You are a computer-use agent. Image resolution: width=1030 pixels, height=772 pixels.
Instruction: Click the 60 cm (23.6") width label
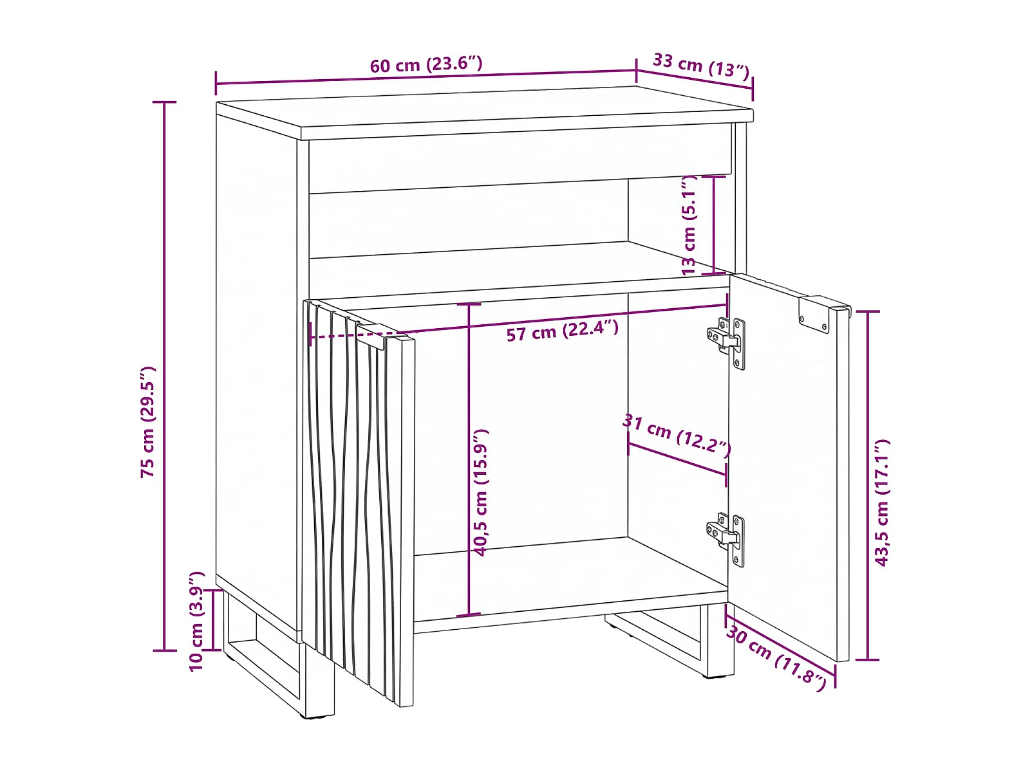pyautogui.click(x=426, y=64)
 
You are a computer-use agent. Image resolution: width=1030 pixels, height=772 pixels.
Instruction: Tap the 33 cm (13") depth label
pyautogui.click(x=701, y=65)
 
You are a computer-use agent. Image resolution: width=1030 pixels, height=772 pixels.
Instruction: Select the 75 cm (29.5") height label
pyautogui.click(x=148, y=421)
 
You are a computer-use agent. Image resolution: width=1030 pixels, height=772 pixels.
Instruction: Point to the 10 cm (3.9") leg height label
pyautogui.click(x=196, y=621)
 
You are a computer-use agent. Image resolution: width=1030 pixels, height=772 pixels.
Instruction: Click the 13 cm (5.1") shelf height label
pyautogui.click(x=689, y=226)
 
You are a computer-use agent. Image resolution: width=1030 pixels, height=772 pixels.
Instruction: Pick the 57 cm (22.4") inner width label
pyautogui.click(x=562, y=331)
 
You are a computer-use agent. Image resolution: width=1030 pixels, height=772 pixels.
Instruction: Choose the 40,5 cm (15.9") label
pyautogui.click(x=480, y=492)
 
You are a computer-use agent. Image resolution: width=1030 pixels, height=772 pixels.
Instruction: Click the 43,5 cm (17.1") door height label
pyautogui.click(x=882, y=503)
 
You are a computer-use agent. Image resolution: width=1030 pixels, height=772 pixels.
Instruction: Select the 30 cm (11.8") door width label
pyautogui.click(x=776, y=658)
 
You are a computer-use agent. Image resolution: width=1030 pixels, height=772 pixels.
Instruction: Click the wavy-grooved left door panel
pyautogui.click(x=359, y=502)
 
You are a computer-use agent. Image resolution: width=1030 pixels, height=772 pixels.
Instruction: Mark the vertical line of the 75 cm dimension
pyautogui.click(x=164, y=376)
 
